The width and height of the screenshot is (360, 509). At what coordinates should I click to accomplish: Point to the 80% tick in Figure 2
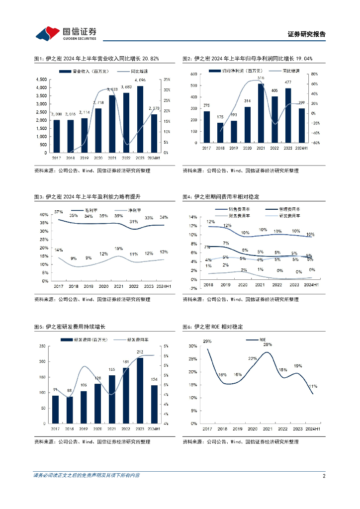pyautogui.click(x=314, y=74)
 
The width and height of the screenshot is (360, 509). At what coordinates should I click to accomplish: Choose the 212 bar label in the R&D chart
pyautogui.click(x=140, y=352)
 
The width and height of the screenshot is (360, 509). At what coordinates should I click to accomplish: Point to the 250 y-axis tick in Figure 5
pyautogui.click(x=42, y=346)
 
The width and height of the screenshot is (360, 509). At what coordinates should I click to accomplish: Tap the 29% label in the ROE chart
pyautogui.click(x=207, y=341)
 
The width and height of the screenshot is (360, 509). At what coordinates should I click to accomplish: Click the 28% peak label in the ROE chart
pyautogui.click(x=268, y=344)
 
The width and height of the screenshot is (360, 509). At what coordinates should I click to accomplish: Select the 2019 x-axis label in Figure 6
pyautogui.click(x=238, y=428)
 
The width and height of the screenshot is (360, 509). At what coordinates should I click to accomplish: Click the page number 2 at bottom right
pyautogui.click(x=324, y=476)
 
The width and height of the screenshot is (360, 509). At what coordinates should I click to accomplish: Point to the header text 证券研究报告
pyautogui.click(x=307, y=34)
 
